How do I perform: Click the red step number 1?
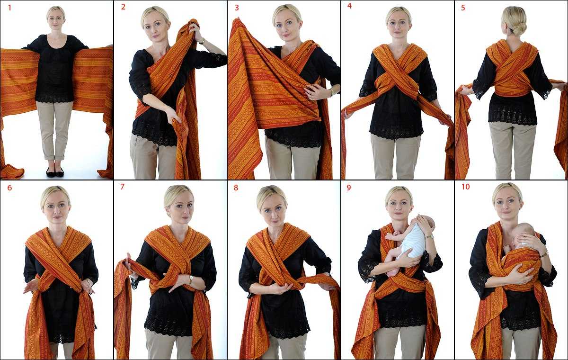pyautogui.click(x=10, y=8)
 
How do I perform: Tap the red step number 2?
pyautogui.click(x=123, y=7)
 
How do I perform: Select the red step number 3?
pyautogui.click(x=237, y=8)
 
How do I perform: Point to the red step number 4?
pyautogui.click(x=350, y=6)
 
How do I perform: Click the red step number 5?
pyautogui.click(x=463, y=8)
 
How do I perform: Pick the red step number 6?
pyautogui.click(x=9, y=188)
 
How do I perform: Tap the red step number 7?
pyautogui.click(x=123, y=187)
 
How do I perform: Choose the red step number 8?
pyautogui.click(x=236, y=188)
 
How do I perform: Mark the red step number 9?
pyautogui.click(x=349, y=188)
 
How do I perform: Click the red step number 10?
pyautogui.click(x=466, y=187)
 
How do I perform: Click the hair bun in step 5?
pyautogui.click(x=519, y=29)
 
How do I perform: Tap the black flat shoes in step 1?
pyautogui.click(x=55, y=172)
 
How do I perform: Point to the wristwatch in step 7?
pyautogui.click(x=191, y=279)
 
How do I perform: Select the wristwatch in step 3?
pyautogui.click(x=332, y=92)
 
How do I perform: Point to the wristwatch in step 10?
pyautogui.click(x=544, y=254)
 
